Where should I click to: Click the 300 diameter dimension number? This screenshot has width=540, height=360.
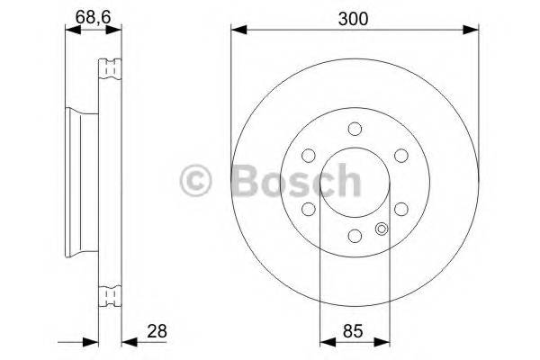353,15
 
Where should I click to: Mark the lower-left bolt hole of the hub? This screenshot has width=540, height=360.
308,209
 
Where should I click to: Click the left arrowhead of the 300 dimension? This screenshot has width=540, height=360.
237,31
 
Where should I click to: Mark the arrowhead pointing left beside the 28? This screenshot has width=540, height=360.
127,341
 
